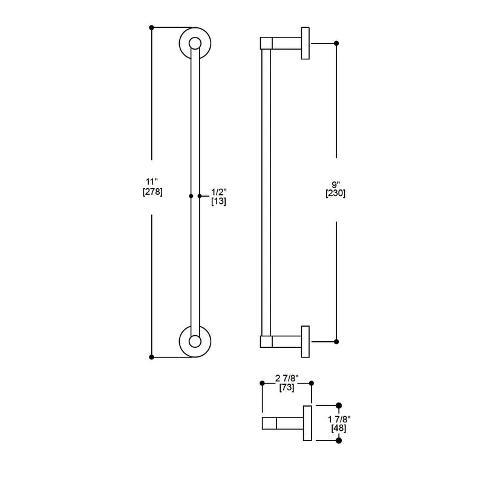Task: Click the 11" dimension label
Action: click(151, 181)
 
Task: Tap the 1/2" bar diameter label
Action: click(218, 192)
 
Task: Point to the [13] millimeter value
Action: click(218, 202)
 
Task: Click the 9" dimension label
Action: click(336, 184)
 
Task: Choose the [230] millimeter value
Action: click(336, 194)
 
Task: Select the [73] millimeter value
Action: click(286, 388)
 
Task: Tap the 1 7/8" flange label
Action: click(339, 419)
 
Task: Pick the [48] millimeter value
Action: click(339, 428)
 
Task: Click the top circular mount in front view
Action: click(194, 43)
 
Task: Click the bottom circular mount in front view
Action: click(194, 341)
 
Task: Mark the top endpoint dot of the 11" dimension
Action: click(151, 27)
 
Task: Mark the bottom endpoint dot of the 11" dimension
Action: click(151, 357)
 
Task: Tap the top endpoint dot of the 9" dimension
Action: click(336, 43)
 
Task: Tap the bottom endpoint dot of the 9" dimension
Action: click(336, 342)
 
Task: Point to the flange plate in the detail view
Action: click(307, 423)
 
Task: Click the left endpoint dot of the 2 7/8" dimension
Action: click(261, 383)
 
